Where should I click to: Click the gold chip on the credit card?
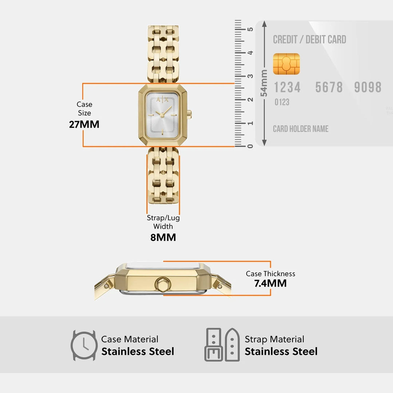286,64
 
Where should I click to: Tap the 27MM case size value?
84,124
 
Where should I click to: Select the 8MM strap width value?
163,237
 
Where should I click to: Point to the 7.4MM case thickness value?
270,283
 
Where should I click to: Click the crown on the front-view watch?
190,114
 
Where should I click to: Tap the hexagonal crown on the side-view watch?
163,284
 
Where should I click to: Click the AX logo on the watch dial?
162,99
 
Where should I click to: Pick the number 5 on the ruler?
250,29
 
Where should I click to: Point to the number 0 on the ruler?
250,146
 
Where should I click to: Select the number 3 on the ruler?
250,76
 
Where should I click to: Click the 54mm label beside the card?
264,83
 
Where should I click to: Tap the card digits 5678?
329,87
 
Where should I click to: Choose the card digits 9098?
368,87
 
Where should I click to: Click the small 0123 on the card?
282,102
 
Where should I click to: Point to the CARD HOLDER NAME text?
301,129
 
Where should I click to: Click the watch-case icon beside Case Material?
84,345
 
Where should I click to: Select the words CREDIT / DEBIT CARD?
310,39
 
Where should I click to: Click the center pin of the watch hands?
162,116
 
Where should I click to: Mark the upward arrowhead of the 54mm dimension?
264,24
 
